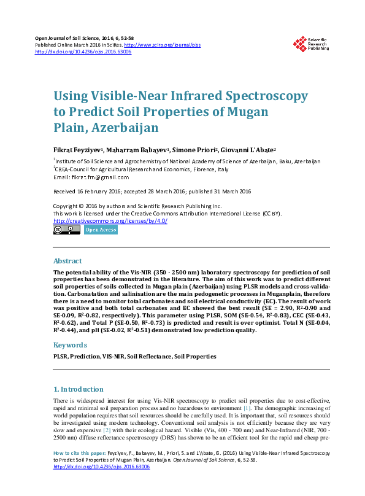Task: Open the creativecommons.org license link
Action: pyautogui.click(x=110, y=221)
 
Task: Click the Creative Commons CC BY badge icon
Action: pyautogui.click(x=67, y=230)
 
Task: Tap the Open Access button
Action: pyautogui.click(x=101, y=230)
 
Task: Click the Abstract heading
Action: pyautogui.click(x=67, y=260)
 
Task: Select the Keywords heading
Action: pyautogui.click(x=70, y=345)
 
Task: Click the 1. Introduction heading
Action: pyautogui.click(x=79, y=389)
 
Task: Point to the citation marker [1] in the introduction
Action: pyautogui.click(x=247, y=408)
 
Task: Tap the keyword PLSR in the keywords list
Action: pyautogui.click(x=60, y=356)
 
